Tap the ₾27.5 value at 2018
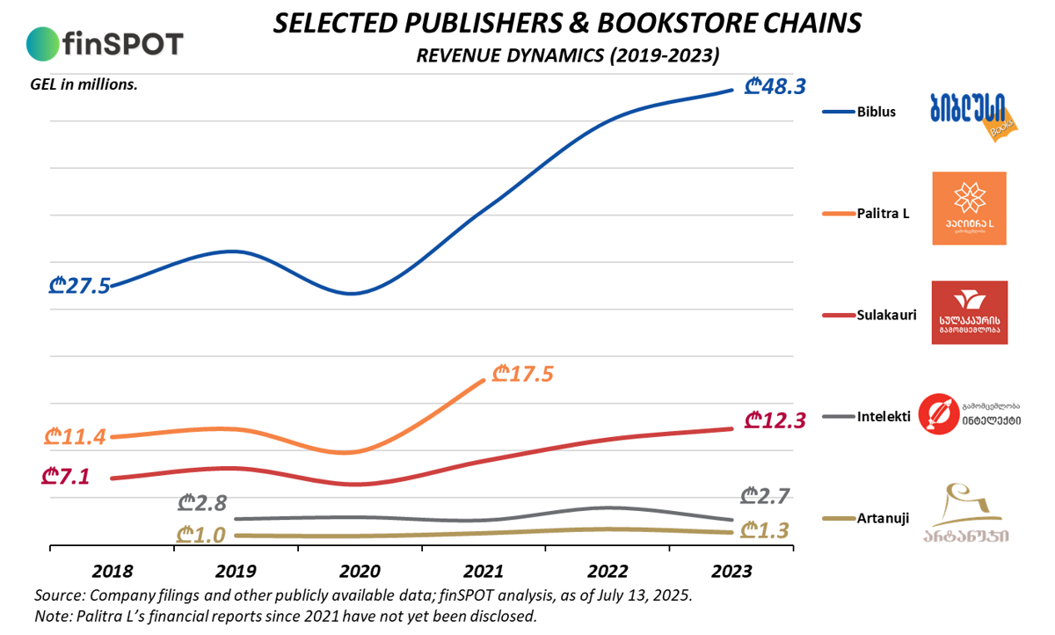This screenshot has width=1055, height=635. (x=79, y=286)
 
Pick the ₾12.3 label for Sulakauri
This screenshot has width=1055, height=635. (x=775, y=420)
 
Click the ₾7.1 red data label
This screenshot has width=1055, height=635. (x=64, y=477)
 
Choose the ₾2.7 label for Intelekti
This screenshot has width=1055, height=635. (x=765, y=494)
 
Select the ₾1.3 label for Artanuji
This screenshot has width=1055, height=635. (x=764, y=530)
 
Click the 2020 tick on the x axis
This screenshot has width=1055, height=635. (x=362, y=571)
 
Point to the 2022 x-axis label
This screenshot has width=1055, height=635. (x=609, y=571)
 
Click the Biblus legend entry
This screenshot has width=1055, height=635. (x=877, y=112)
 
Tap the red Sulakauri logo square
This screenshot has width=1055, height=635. (x=969, y=312)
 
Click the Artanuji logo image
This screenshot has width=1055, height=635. (x=966, y=514)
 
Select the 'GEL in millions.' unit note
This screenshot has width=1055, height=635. (x=84, y=84)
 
